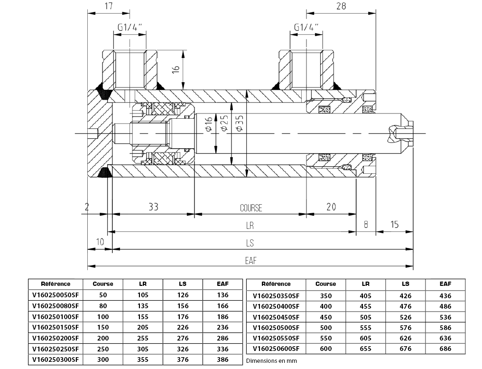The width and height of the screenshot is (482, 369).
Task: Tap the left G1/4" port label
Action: pyautogui.click(x=130, y=28)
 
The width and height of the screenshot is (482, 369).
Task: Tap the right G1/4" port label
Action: pyautogui.click(x=306, y=28)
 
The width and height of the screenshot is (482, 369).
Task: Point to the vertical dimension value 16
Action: pyautogui.click(x=176, y=69)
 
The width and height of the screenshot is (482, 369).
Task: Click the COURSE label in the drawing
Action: pyautogui.click(x=250, y=208)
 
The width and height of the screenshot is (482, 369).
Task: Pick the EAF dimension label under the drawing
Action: pyautogui.click(x=250, y=260)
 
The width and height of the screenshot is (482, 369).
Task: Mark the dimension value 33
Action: pyautogui.click(x=153, y=207)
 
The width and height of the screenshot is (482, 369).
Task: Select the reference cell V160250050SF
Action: pyautogui.click(x=55, y=294)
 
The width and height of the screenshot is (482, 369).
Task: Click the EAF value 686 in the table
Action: pyautogui.click(x=445, y=349)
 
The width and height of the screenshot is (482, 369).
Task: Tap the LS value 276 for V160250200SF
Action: pyautogui.click(x=183, y=338)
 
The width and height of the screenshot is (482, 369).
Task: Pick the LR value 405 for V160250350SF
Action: pyautogui.click(x=365, y=295)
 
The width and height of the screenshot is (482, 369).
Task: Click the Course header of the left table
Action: pyautogui.click(x=103, y=284)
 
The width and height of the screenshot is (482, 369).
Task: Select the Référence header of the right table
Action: pyautogui.click(x=276, y=284)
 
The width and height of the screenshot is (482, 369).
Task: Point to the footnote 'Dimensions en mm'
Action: pyautogui.click(x=271, y=361)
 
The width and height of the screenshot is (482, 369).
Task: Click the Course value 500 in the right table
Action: pyautogui.click(x=325, y=328)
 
